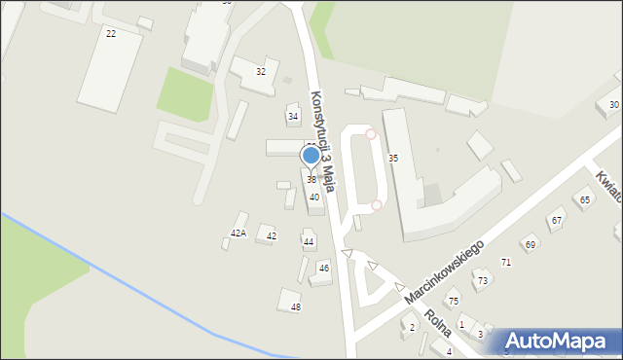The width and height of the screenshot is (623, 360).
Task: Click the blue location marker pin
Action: pyautogui.click(x=311, y=156)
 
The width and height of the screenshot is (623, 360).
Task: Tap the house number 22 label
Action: pyautogui.click(x=110, y=33)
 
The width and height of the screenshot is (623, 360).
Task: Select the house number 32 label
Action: pyautogui.click(x=260, y=72)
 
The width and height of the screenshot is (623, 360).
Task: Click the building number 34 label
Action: pyautogui.click(x=293, y=117)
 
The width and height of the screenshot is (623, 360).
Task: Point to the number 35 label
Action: pyautogui.click(x=393, y=158)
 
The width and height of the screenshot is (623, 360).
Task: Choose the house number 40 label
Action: pyautogui.click(x=314, y=198)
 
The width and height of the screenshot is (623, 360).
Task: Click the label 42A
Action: pyautogui.click(x=238, y=234)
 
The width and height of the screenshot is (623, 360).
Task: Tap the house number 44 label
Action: pyautogui.click(x=309, y=241)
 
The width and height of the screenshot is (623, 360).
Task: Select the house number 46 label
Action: pyautogui.click(x=324, y=268)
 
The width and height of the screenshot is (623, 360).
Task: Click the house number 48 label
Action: pyautogui.click(x=296, y=307)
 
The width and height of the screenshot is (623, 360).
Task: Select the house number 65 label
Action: pyautogui.click(x=584, y=200)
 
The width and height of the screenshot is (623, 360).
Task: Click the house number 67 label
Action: pyautogui.click(x=556, y=221)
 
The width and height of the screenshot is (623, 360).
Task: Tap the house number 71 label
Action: pyautogui.click(x=505, y=263)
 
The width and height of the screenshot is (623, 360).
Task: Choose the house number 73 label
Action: pyautogui.click(x=481, y=281)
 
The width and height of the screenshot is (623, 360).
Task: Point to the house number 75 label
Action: pyautogui.click(x=453, y=303)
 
